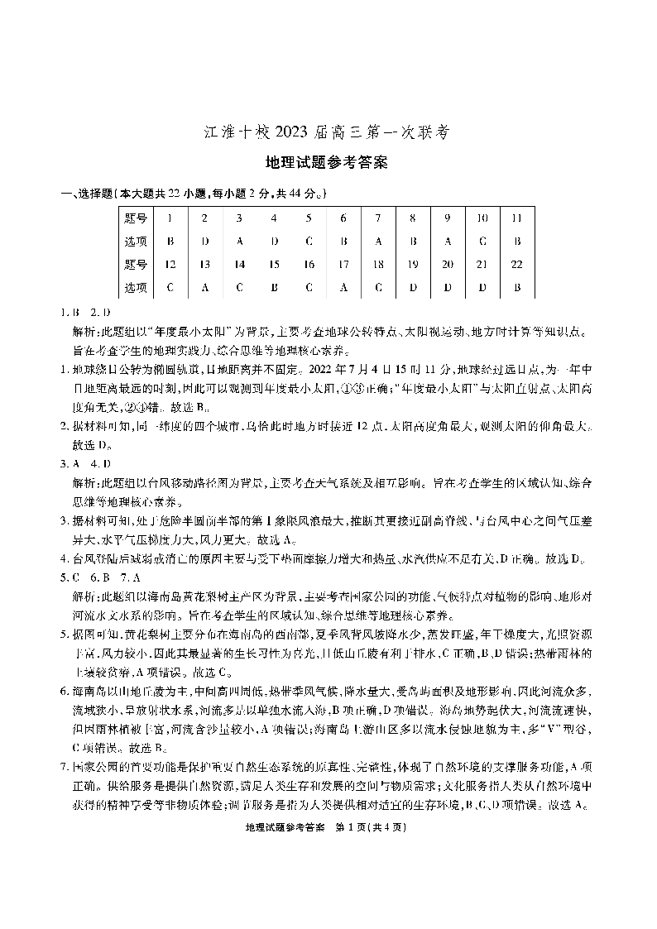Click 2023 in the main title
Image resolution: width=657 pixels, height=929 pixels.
289,132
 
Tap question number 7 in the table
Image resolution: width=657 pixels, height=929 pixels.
377,218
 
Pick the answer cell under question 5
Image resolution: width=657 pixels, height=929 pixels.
309,242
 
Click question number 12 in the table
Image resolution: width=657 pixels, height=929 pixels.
170,265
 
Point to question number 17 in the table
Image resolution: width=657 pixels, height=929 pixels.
343,265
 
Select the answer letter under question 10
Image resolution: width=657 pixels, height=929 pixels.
482,242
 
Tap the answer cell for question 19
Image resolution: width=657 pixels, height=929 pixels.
412,288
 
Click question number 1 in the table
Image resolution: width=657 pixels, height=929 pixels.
170,218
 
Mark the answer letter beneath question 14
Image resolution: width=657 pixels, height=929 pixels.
239,288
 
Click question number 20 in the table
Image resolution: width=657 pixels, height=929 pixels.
447,265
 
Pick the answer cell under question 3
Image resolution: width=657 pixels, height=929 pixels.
239,242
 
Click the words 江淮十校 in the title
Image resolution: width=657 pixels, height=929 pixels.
233,132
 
